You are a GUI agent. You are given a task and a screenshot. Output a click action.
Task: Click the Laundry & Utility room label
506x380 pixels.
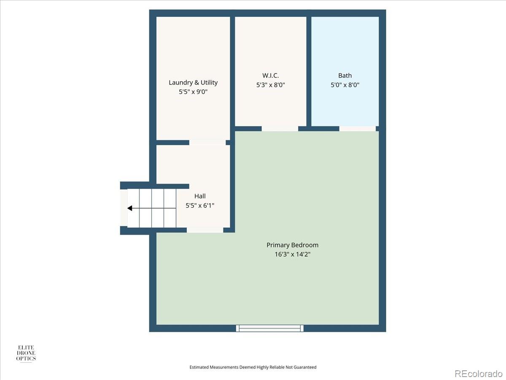point(193,82)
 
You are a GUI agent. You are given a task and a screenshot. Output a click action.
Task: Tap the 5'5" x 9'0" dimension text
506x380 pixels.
point(193,91)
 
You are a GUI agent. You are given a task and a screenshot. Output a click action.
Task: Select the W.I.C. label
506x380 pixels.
point(270,76)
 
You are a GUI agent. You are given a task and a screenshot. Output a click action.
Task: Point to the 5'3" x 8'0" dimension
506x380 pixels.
point(270,85)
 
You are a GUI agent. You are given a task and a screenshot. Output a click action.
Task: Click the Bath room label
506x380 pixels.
point(345,76)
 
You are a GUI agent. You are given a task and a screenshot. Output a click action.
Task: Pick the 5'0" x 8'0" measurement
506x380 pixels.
point(345,85)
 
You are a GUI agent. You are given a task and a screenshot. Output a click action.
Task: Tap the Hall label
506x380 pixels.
point(200,196)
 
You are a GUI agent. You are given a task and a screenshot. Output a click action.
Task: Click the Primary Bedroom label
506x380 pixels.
point(292,245)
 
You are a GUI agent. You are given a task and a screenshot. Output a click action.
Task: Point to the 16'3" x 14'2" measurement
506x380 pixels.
point(292,254)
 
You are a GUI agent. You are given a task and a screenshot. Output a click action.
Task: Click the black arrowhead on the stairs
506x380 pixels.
point(130,208)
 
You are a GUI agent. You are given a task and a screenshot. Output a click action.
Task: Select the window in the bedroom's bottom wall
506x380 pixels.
point(270,328)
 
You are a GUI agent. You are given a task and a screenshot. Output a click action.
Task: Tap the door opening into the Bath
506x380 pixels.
point(358,128)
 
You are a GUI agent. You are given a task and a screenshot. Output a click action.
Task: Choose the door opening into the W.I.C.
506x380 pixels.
point(280,128)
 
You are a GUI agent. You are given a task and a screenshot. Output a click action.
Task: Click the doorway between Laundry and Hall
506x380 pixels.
point(207,143)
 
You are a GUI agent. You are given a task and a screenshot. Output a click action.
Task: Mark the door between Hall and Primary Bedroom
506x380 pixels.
point(205,230)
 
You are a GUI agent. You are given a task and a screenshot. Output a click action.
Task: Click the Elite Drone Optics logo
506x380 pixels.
point(26,353)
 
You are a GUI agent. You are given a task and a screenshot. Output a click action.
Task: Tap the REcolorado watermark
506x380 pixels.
point(478,373)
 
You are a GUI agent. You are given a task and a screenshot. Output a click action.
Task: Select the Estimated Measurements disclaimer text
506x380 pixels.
point(253,367)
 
